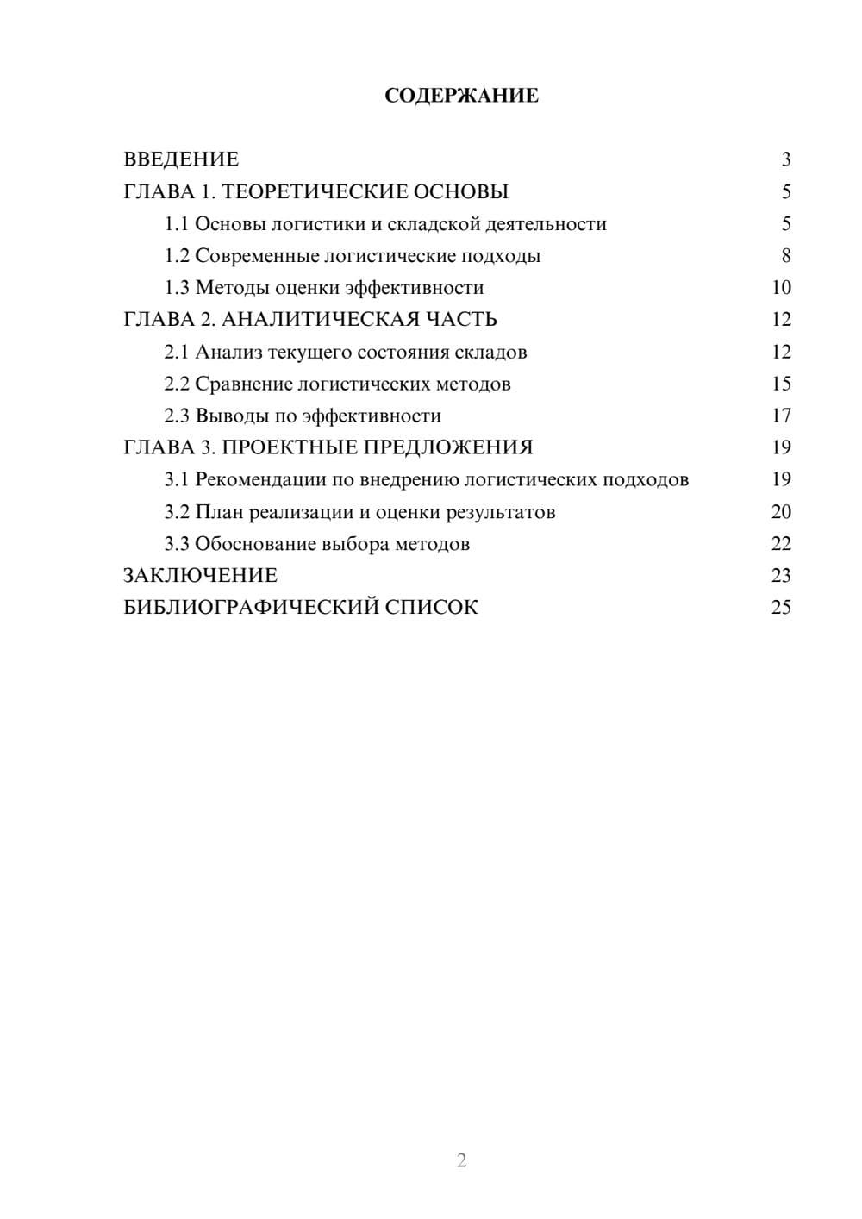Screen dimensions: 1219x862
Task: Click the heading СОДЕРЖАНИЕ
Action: click(x=461, y=96)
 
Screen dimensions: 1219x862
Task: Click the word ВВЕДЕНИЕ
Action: click(x=181, y=159)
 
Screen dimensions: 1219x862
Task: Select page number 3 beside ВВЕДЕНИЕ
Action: click(x=785, y=159)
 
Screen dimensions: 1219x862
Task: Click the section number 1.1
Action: click(x=176, y=224)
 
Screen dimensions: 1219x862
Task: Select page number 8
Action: click(x=785, y=256)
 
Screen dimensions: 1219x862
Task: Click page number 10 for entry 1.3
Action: click(x=781, y=288)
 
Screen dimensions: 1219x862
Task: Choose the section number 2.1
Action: click(x=176, y=352)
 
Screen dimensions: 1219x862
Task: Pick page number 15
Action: click(x=781, y=384)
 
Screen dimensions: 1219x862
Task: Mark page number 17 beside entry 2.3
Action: click(x=781, y=416)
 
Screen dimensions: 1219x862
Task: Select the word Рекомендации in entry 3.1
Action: click(x=260, y=479)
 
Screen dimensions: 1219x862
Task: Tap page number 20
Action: click(x=781, y=512)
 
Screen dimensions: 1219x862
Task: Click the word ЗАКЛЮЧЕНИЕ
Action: click(x=200, y=576)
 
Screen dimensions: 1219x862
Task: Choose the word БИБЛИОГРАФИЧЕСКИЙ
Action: click(x=250, y=608)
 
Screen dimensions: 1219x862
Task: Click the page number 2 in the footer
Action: click(x=461, y=1160)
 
